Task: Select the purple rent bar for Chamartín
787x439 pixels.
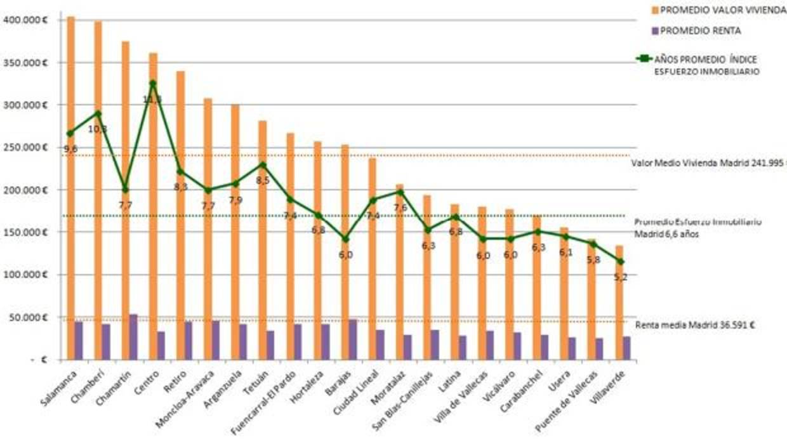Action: click(x=133, y=337)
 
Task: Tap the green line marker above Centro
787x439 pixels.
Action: click(x=152, y=83)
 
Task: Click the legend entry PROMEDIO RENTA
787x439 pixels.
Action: click(x=696, y=30)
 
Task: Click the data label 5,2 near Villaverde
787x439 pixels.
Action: click(x=621, y=277)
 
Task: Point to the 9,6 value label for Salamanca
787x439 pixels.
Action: click(x=70, y=148)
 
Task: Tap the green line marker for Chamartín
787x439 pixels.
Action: click(x=125, y=190)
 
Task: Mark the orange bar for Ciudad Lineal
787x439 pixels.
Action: click(x=372, y=241)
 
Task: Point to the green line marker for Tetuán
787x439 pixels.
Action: click(x=262, y=165)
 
